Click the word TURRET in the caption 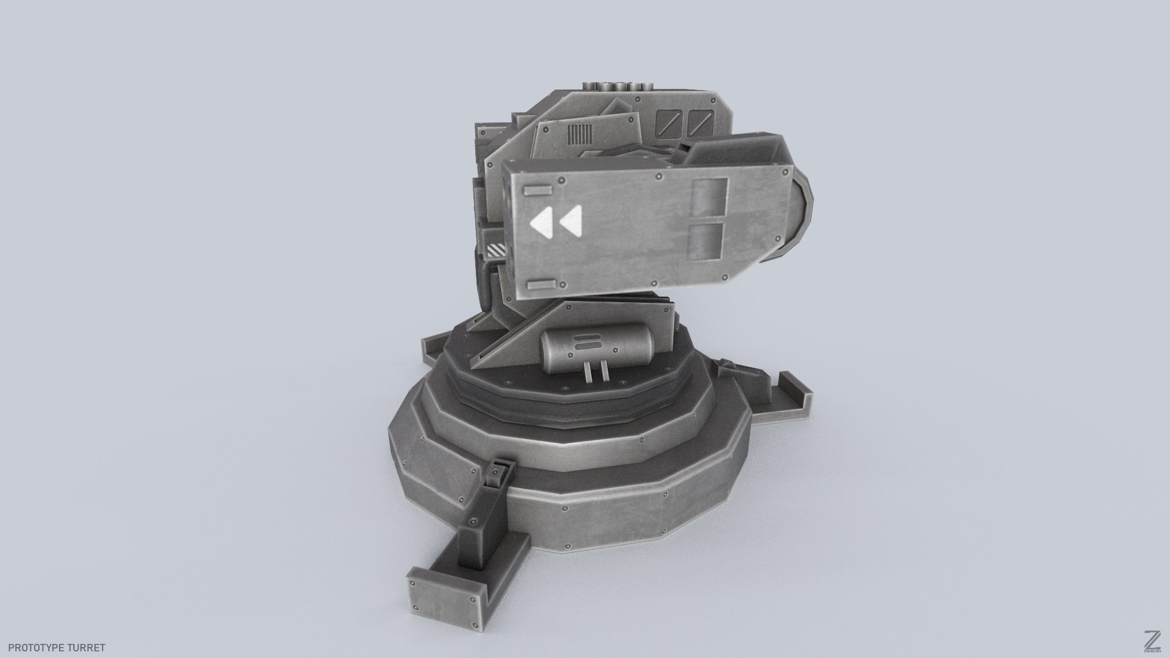[88, 648]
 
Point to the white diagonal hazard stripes [497, 249]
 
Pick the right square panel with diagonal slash [700, 122]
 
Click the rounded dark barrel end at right [803, 207]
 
